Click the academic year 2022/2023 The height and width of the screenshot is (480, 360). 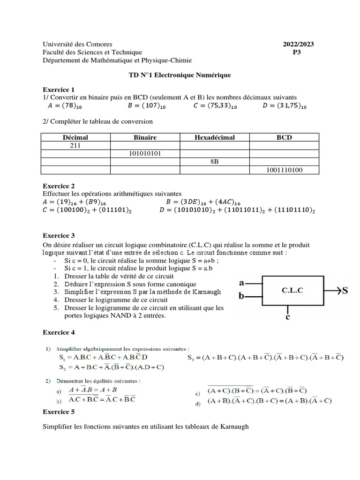(298, 44)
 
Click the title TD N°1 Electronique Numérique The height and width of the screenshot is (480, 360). (180, 75)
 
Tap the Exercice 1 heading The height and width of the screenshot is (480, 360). (59, 89)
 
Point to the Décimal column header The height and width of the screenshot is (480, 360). (75, 137)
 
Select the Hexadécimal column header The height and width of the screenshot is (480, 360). (215, 137)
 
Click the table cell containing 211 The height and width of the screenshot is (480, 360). (75, 145)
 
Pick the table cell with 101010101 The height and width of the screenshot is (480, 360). (145, 153)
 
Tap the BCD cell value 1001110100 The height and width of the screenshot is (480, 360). (284, 170)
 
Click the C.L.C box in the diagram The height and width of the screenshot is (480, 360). (292, 290)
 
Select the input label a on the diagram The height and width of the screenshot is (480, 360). (242, 283)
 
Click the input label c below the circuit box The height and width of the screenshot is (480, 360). (288, 317)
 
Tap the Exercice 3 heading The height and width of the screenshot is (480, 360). (59, 235)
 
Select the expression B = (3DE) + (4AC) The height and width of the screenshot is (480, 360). (204, 202)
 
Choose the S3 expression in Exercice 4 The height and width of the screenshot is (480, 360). (265, 358)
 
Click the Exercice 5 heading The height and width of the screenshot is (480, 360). (59, 412)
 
